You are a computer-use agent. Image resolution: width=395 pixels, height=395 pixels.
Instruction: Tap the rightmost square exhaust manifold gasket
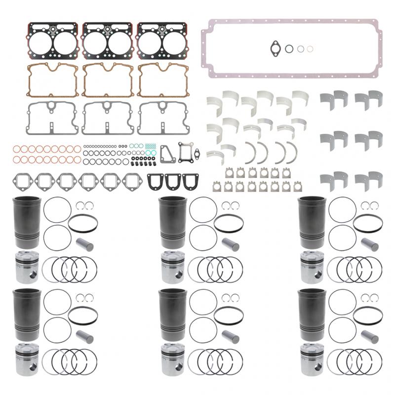click(132, 181)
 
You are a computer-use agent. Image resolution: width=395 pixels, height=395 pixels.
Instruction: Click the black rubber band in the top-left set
click(84, 223)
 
